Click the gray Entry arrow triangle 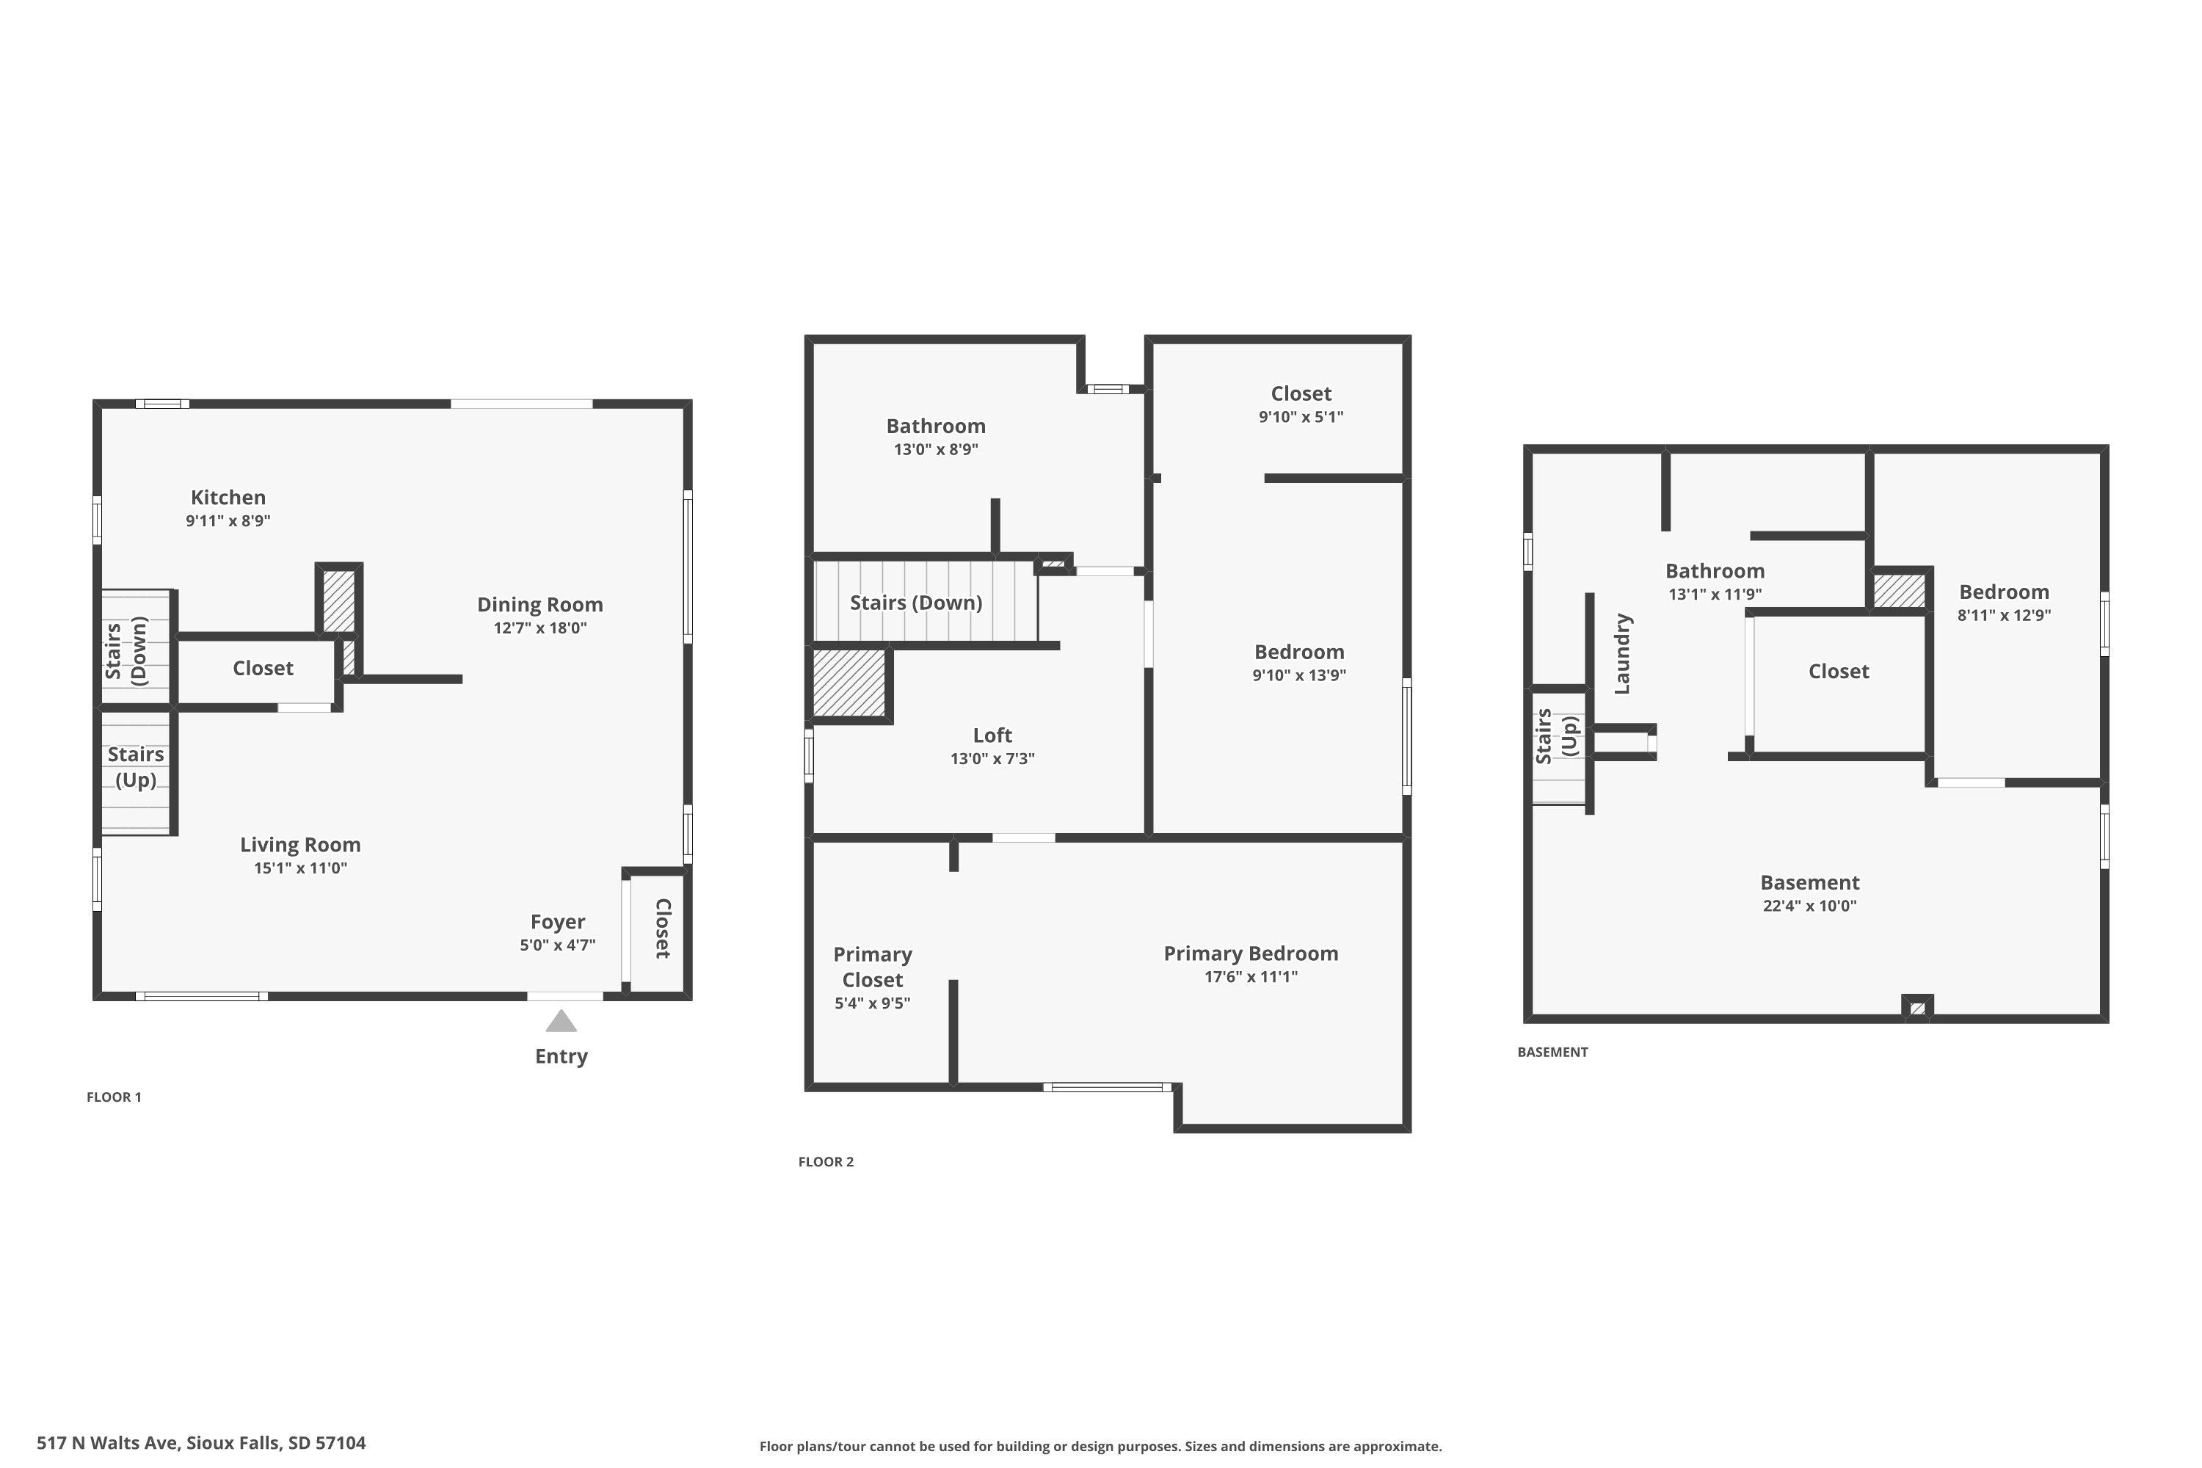click(561, 1022)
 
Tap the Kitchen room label click(228, 497)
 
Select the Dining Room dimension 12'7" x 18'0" click(540, 628)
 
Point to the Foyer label click(558, 922)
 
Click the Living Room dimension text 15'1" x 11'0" click(300, 868)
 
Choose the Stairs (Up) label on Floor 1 click(136, 767)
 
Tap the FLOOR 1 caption click(115, 1097)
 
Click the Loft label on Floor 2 click(992, 735)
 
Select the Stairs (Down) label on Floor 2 click(915, 603)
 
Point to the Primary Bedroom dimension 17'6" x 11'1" click(1251, 976)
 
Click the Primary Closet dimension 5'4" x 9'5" click(873, 1003)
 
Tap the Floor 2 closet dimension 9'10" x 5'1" click(1301, 417)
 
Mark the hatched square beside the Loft click(849, 683)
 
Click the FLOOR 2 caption click(826, 1162)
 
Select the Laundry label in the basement click(1622, 653)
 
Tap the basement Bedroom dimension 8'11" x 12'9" click(2005, 615)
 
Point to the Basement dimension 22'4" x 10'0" click(1810, 905)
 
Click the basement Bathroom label click(1715, 571)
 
